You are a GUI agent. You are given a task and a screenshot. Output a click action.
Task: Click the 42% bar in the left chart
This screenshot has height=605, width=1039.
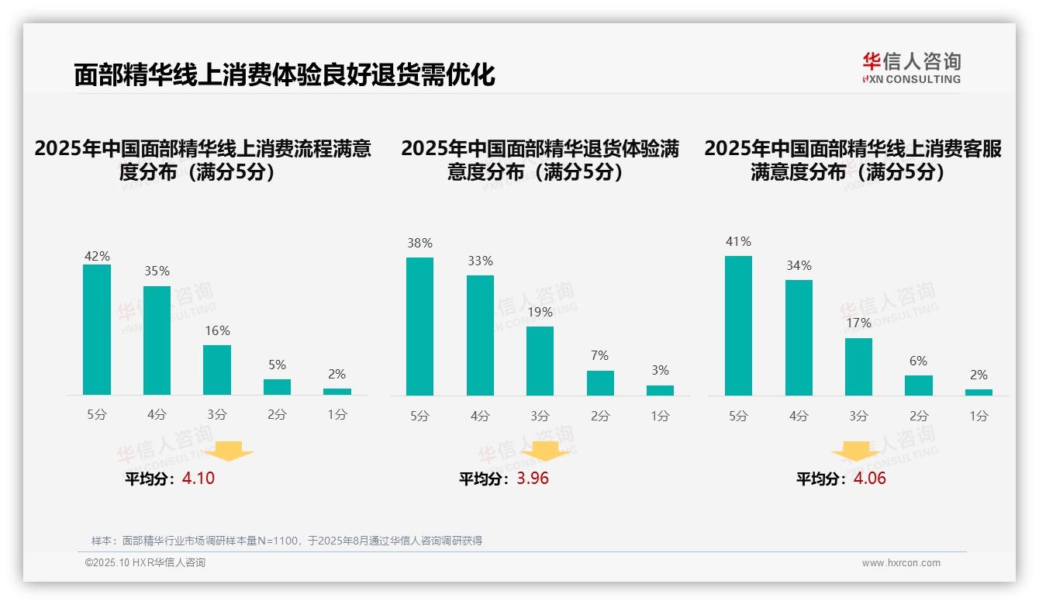coord(97,330)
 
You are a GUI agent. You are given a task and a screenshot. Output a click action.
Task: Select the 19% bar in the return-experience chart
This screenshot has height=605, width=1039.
coord(540,361)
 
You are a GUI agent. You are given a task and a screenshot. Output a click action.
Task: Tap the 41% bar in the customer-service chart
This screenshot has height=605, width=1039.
coord(738,326)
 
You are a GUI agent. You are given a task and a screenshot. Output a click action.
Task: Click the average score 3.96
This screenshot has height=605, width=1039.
coord(533,479)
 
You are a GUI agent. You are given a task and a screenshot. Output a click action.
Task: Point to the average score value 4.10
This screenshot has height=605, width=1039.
coord(198,479)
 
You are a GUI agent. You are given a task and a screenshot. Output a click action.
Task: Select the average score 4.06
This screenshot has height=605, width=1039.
coord(869,479)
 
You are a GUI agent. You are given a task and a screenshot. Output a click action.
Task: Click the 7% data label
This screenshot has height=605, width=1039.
coord(599,356)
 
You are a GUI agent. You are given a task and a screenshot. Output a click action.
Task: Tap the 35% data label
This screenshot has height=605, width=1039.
coord(157,271)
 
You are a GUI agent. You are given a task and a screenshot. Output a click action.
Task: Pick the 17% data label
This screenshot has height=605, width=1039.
coord(859,323)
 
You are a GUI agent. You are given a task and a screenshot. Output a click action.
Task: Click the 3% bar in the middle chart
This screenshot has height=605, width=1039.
coord(660,390)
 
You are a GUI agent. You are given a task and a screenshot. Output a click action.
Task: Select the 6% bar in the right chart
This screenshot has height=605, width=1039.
coord(919,385)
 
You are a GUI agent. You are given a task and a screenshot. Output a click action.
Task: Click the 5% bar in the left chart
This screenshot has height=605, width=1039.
coord(277,387)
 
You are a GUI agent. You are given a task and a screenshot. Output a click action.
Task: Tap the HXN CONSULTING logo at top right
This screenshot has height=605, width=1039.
coord(911,68)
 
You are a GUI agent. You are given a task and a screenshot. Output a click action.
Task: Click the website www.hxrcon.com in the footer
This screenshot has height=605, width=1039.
coord(901,563)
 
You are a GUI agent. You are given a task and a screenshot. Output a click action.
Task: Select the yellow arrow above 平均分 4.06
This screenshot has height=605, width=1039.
coord(856,451)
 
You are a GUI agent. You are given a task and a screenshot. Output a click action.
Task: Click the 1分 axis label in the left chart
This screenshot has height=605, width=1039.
coord(337,415)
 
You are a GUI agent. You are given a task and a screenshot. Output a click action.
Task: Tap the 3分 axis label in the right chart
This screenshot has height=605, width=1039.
coord(858,417)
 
